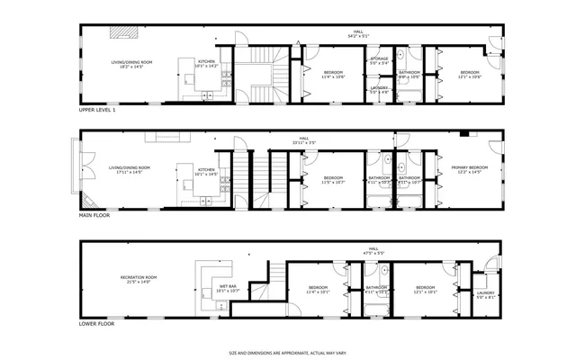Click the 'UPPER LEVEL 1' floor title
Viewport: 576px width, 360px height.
pos(97,110)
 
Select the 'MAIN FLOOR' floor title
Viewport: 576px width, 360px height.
pos(94,217)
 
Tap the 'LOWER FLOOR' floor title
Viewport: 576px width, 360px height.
pos(95,323)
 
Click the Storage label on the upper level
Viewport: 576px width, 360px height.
pos(379,60)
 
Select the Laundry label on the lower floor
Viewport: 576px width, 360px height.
pos(485,294)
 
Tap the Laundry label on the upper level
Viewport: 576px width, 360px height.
pos(379,90)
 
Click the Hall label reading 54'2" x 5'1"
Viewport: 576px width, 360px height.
pos(358,33)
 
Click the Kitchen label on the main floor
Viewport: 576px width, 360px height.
pos(206,171)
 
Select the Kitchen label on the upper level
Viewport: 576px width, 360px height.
pos(207,64)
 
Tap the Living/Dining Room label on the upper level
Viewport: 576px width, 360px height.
pos(131,64)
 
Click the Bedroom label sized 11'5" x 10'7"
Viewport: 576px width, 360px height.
pos(333,180)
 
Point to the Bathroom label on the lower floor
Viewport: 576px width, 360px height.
pos(375,290)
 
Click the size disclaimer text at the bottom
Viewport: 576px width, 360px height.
pos(288,353)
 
